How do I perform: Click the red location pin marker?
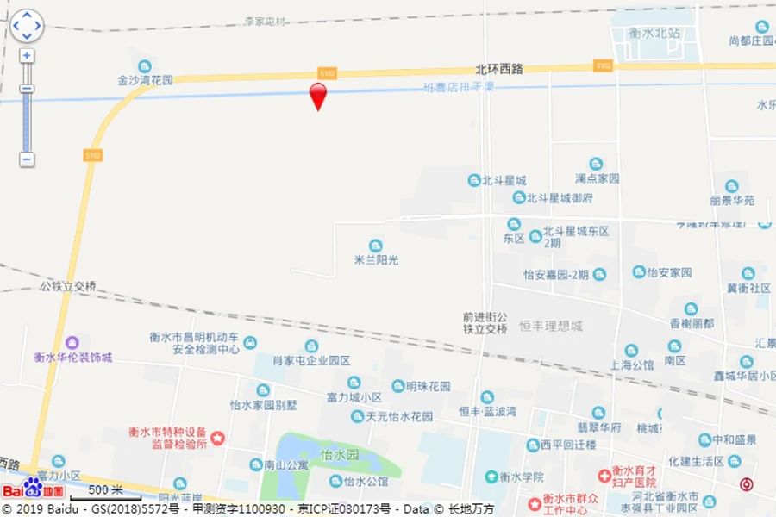tap(318, 95)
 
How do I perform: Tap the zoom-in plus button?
tap(28, 56)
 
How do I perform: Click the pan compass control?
tap(27, 26)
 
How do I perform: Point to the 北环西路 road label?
tap(499, 69)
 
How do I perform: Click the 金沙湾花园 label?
tap(145, 79)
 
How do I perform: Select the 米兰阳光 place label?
tap(376, 258)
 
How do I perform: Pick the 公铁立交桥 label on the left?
tap(68, 286)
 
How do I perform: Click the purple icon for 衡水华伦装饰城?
tap(73, 343)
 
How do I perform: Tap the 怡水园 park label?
tap(338, 454)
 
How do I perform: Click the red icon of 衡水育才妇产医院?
tap(605, 474)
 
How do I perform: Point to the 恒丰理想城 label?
tap(551, 327)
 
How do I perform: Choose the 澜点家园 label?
tap(598, 178)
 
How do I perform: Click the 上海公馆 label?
tap(632, 364)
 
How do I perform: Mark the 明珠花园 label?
tap(422, 387)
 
